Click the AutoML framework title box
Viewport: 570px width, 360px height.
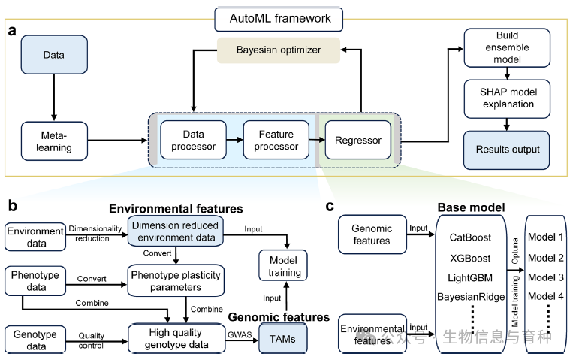point(279,17)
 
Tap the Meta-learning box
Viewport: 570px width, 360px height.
point(54,141)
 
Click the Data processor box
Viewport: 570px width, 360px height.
point(193,140)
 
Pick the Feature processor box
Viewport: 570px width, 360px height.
point(276,140)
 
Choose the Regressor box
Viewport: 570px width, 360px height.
point(358,140)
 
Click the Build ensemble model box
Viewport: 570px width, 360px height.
point(507,47)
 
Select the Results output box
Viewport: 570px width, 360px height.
point(507,149)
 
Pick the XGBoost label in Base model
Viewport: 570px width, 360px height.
point(470,257)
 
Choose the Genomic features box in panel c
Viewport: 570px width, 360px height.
point(373,234)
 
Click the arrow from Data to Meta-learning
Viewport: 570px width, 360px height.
point(54,96)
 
